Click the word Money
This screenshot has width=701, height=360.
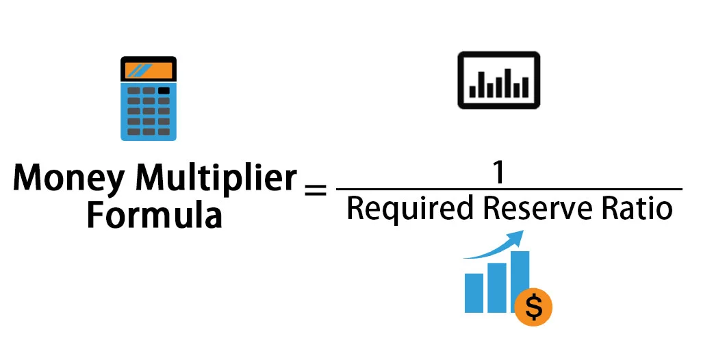pyautogui.click(x=68, y=179)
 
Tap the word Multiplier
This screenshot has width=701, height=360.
pyautogui.click(x=216, y=179)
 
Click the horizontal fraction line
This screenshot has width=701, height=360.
pyautogui.click(x=509, y=189)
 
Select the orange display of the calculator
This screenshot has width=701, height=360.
pyautogui.click(x=149, y=70)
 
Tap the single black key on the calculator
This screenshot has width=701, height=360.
pyautogui.click(x=164, y=90)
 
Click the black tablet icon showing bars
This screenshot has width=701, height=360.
pyautogui.click(x=498, y=81)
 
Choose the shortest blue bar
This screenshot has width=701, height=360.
pyautogui.click(x=474, y=292)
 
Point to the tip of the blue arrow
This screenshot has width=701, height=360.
pyautogui.click(x=522, y=233)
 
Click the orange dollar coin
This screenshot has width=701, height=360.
pyautogui.click(x=534, y=308)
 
